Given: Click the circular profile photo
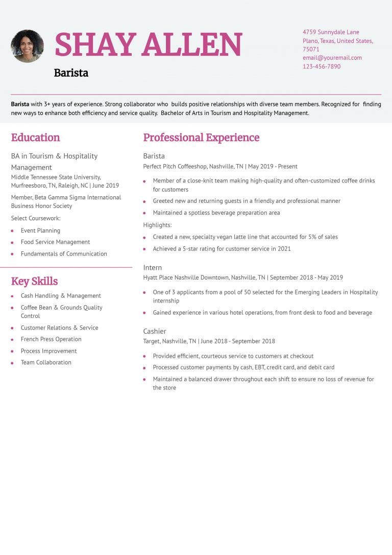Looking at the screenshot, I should pos(27,46).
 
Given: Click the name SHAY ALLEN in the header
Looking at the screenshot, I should pos(148,45).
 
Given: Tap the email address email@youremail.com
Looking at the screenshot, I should pos(332,58).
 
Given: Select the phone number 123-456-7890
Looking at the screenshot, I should pos(321,66).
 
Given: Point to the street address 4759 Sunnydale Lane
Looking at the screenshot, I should pos(331,32).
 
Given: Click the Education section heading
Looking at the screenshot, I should pos(35,137).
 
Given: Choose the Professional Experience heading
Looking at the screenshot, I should pos(201,137).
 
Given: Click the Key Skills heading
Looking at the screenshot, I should pos(34,281).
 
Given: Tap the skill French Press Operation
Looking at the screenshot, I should pos(51,339).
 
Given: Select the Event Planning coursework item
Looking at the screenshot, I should pos(40,230).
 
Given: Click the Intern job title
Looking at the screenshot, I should pos(152,267).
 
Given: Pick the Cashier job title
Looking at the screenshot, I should pos(155,331).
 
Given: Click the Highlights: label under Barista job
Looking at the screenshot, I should pos(157,225).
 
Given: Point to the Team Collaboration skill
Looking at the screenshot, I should pos(46,362).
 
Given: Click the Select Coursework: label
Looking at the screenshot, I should pos(36,218).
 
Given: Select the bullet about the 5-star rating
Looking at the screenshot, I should pos(222,249).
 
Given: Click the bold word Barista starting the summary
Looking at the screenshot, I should pos(20,104).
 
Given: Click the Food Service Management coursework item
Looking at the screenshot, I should pos(55,242).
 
